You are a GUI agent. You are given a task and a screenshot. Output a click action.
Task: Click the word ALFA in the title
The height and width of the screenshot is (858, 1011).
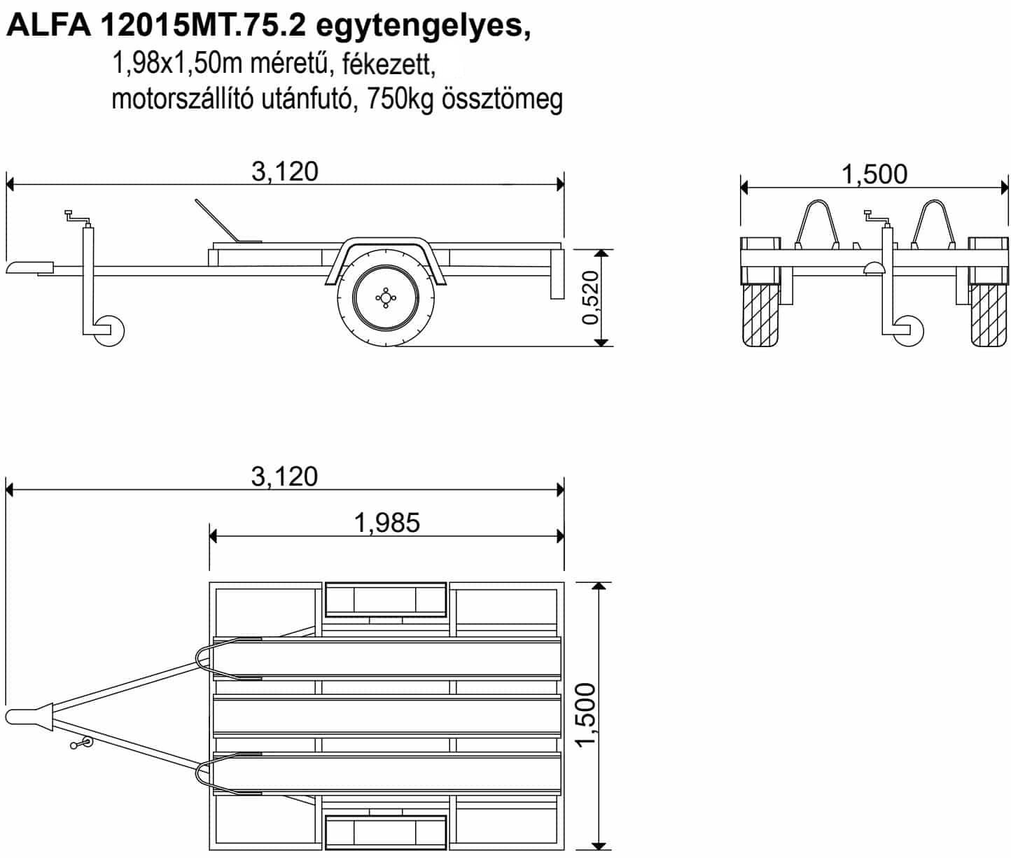click(x=49, y=25)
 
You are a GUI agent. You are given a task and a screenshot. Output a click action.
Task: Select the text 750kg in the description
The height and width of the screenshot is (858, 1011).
click(x=400, y=100)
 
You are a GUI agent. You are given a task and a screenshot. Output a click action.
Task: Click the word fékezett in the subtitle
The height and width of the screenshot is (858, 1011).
click(x=389, y=64)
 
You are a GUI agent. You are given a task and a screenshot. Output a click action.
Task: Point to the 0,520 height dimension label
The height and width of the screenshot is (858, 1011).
click(x=590, y=297)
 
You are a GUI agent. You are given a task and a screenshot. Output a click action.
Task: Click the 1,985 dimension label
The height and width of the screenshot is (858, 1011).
click(x=386, y=522)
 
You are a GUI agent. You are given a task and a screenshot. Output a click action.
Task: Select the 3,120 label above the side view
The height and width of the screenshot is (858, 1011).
click(x=285, y=171)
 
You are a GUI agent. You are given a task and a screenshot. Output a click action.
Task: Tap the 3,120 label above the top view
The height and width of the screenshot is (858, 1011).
click(x=285, y=476)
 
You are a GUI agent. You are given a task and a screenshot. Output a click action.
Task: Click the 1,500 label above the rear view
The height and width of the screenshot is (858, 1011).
click(x=874, y=174)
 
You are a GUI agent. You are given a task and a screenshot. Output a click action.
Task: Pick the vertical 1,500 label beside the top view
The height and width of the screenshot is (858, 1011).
click(x=586, y=715)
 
